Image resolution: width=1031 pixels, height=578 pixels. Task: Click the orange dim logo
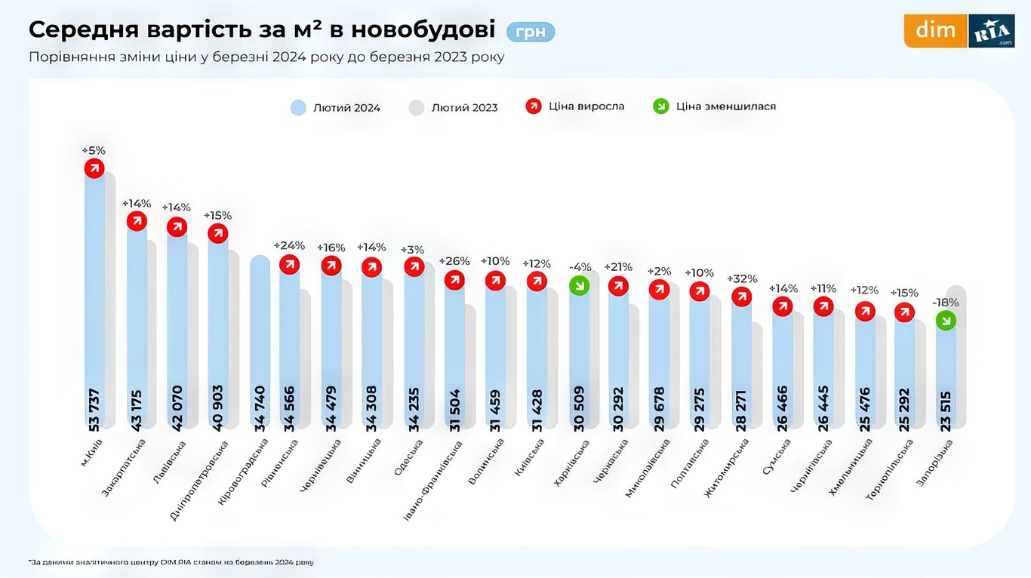coord(935,30)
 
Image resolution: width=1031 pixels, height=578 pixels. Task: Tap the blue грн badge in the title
coord(531,32)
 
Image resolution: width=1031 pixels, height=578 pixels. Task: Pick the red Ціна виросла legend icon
coord(534,106)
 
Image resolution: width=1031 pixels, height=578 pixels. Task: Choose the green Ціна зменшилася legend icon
coord(660,106)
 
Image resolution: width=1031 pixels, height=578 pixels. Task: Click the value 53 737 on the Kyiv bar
coord(94,408)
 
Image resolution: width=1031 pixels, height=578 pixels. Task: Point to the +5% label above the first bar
coord(94,150)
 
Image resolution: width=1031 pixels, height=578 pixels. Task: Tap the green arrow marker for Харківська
coord(579,285)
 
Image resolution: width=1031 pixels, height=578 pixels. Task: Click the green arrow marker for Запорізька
coord(945,321)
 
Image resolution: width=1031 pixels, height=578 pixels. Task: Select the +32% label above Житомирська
coord(741,278)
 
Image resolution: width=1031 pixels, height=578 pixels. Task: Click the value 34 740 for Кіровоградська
coord(259,408)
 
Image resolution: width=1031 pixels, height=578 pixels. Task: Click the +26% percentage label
coord(454,261)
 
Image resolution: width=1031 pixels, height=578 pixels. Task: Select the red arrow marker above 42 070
coord(177,227)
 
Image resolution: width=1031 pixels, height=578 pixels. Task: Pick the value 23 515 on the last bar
coord(945,408)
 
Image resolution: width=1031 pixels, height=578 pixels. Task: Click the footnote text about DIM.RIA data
coord(171,562)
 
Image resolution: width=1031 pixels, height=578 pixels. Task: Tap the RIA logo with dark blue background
coord(991,30)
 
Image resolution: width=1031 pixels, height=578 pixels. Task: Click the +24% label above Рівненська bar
coord(289,245)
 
